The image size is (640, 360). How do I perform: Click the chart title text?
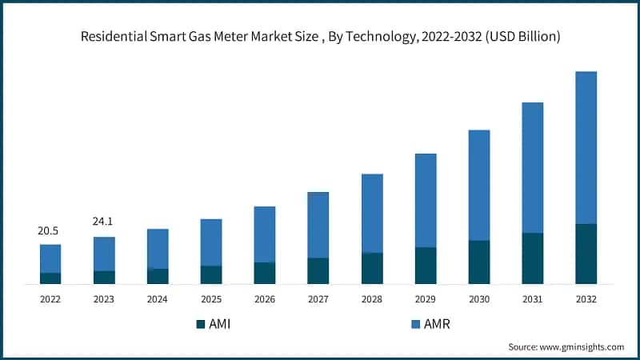tap(320, 36)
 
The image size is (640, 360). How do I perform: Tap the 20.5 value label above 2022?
tap(49, 230)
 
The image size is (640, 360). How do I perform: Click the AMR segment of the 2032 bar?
tap(586, 148)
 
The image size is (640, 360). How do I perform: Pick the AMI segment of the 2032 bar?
tap(586, 254)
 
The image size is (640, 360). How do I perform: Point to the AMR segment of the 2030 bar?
tap(479, 185)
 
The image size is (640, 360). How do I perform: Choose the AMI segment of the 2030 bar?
tap(479, 262)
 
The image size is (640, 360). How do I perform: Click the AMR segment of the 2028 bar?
tap(372, 213)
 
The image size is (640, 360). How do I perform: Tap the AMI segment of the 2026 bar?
tap(265, 273)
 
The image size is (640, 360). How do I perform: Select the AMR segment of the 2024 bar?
tap(158, 248)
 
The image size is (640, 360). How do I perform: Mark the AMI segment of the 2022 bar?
tap(50, 278)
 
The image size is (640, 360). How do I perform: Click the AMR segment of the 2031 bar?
tap(533, 167)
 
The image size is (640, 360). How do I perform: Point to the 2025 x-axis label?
tap(211, 298)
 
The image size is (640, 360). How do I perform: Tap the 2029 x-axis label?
tap(426, 298)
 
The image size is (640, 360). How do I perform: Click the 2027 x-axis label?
tap(318, 298)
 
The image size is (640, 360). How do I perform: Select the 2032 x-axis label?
tap(586, 298)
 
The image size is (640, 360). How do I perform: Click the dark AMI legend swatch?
tap(200, 324)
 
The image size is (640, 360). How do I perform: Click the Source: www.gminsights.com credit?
tap(566, 347)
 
